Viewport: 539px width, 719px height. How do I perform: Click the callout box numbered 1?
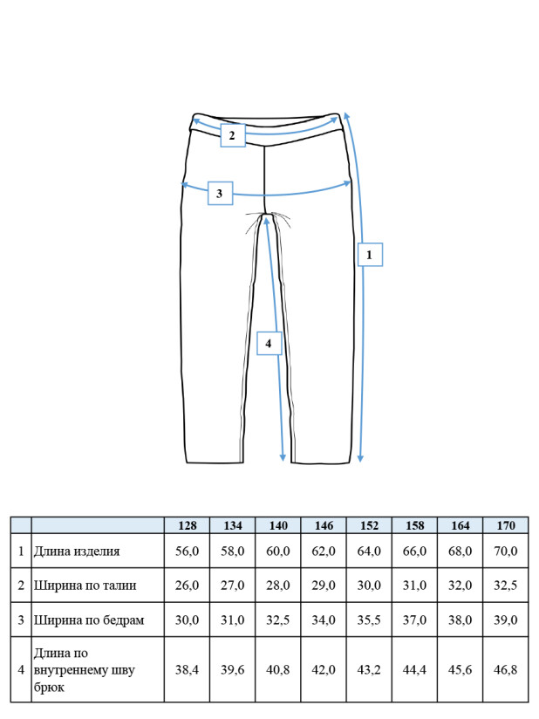(370, 255)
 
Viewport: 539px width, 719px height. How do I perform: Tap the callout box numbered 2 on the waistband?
(233, 135)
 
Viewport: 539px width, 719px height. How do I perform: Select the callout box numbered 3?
(221, 193)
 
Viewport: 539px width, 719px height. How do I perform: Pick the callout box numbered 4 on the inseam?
(269, 343)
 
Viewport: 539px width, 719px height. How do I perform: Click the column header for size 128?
(187, 525)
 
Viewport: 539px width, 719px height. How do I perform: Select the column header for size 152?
(369, 525)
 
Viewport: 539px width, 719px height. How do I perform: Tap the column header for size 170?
(506, 525)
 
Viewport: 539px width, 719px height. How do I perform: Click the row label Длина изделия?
(77, 551)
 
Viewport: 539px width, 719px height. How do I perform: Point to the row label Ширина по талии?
(85, 585)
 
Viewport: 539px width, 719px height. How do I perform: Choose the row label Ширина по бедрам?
(89, 620)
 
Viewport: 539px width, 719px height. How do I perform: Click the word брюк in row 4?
(49, 688)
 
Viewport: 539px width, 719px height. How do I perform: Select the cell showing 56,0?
(187, 551)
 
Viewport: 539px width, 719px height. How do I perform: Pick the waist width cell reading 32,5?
(506, 585)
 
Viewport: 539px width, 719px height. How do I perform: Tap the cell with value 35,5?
(369, 620)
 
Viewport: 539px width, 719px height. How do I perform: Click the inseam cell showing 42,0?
(324, 670)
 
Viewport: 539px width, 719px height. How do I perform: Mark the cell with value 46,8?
(506, 670)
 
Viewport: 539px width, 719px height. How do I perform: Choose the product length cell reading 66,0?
(414, 551)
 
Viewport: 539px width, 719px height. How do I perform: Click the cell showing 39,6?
(232, 670)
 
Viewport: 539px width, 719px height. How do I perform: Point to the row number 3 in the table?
(21, 620)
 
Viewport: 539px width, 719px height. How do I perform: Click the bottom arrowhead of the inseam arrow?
(283, 457)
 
